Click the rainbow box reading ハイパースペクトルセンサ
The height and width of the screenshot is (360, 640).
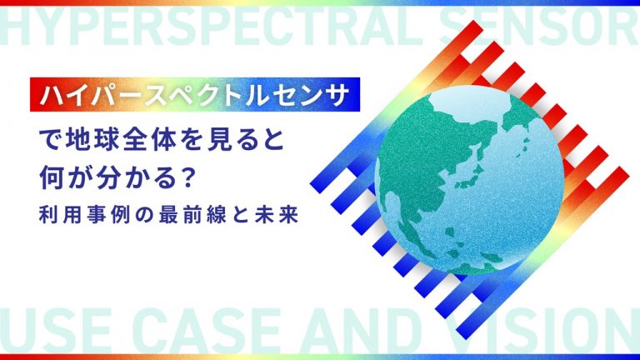pos(195,94)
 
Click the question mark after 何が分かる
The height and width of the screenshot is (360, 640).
pos(188,178)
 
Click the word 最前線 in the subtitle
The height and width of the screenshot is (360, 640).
pos(193,215)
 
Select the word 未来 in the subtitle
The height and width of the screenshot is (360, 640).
pos(277,215)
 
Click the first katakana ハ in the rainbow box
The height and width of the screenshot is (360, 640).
pos(52,95)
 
